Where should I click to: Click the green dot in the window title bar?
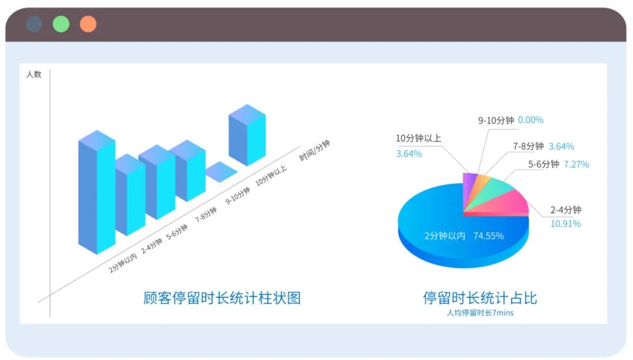(61, 24)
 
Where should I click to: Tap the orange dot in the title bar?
(88, 24)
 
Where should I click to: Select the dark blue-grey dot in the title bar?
(34, 24)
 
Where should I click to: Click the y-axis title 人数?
(34, 74)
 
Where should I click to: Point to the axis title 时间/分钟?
(315, 150)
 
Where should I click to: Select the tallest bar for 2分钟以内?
(97, 192)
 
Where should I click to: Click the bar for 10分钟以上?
(247, 135)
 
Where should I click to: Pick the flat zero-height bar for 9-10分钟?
(221, 172)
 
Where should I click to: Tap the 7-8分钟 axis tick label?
(206, 215)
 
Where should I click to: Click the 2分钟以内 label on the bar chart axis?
(122, 263)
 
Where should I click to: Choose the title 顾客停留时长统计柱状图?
(222, 298)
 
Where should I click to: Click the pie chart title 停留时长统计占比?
(480, 298)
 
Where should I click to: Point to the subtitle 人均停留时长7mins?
(480, 313)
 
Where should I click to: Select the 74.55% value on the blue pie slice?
(488, 236)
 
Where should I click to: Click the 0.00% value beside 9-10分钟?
(530, 120)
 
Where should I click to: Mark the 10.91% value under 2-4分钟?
(566, 223)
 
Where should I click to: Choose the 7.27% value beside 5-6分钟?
(577, 164)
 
